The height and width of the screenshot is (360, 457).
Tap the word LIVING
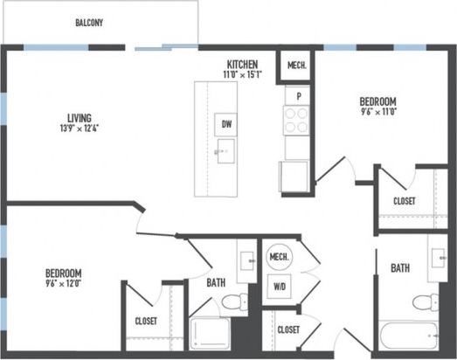(x=80, y=118)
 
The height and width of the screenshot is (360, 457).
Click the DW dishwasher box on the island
(x=226, y=124)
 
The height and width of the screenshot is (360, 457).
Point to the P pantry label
(x=298, y=95)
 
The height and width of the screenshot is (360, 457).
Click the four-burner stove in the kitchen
(x=297, y=118)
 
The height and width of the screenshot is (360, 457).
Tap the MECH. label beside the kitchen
(x=295, y=66)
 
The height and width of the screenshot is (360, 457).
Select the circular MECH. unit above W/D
(x=280, y=257)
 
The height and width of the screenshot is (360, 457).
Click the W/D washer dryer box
(x=280, y=287)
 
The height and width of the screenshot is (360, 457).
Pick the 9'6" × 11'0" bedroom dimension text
(x=378, y=111)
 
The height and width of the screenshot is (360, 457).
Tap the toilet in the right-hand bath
(x=423, y=303)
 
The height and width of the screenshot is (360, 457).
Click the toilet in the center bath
(x=234, y=303)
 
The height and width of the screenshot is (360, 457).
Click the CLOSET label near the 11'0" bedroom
(x=405, y=201)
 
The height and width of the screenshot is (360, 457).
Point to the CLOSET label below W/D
(x=288, y=329)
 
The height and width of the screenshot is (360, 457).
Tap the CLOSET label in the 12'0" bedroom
(x=146, y=321)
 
